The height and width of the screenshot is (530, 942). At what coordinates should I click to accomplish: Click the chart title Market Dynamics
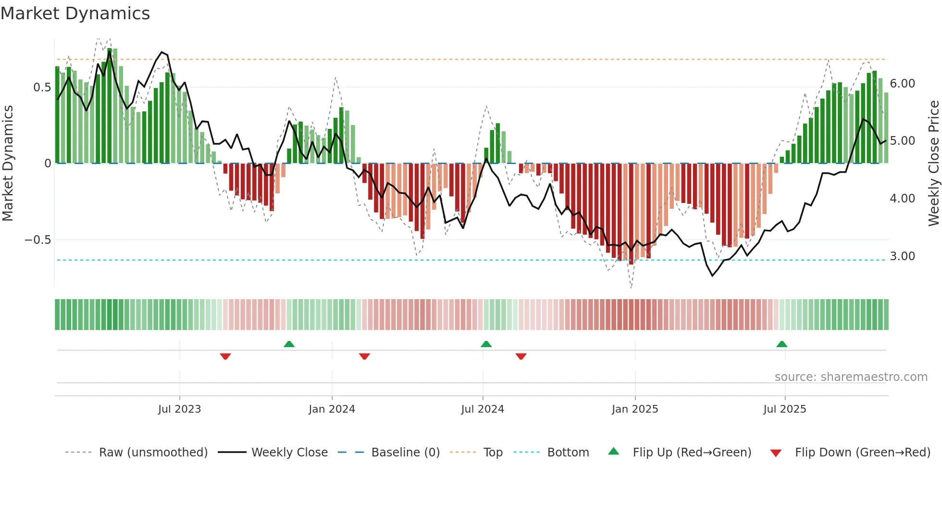[x=75, y=13]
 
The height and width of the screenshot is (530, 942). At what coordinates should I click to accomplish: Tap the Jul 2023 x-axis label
[x=179, y=409]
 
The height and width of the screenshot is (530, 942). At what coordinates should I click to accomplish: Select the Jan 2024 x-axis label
[x=332, y=409]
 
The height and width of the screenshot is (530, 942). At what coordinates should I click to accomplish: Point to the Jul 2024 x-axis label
[x=483, y=409]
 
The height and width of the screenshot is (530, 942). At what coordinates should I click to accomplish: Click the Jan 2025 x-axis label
[x=635, y=409]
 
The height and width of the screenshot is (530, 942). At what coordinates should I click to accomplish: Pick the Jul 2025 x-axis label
[x=785, y=409]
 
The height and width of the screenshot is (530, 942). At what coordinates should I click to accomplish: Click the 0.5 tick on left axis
[x=42, y=88]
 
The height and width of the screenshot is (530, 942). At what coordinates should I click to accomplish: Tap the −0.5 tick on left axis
[x=38, y=240]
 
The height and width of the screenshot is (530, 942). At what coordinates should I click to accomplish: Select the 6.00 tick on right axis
[x=902, y=84]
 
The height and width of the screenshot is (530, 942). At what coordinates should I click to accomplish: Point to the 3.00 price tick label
[x=902, y=256]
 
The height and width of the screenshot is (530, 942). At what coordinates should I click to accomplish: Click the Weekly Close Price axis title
[x=933, y=164]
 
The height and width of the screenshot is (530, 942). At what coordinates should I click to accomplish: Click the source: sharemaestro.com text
[x=851, y=377]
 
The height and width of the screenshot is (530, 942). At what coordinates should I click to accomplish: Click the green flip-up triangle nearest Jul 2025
[x=781, y=344]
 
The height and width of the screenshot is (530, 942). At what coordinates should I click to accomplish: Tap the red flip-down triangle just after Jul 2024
[x=521, y=356]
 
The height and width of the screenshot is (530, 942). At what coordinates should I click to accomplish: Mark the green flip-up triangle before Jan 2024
[x=289, y=344]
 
